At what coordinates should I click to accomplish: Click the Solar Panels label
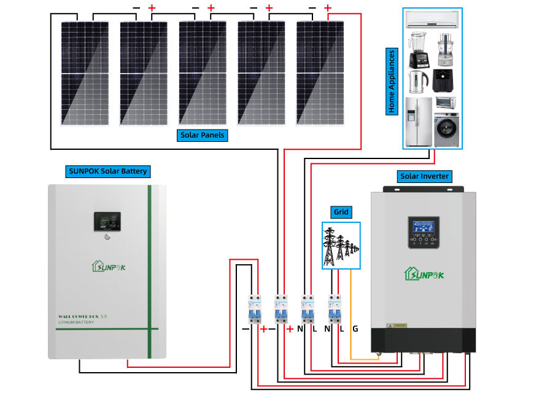pyautogui.click(x=203, y=135)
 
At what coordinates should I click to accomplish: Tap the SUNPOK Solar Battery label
pyautogui.click(x=107, y=171)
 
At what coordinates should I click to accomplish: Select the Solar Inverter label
pyautogui.click(x=424, y=177)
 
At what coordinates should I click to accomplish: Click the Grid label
pyautogui.click(x=341, y=212)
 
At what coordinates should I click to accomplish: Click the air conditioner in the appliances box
pyautogui.click(x=432, y=20)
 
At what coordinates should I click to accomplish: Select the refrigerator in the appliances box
pyautogui.click(x=418, y=122)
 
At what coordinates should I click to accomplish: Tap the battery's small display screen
pyautogui.click(x=107, y=222)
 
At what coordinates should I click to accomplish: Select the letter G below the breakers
pyautogui.click(x=355, y=329)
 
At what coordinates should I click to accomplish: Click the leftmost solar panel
pyautogui.click(x=79, y=72)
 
